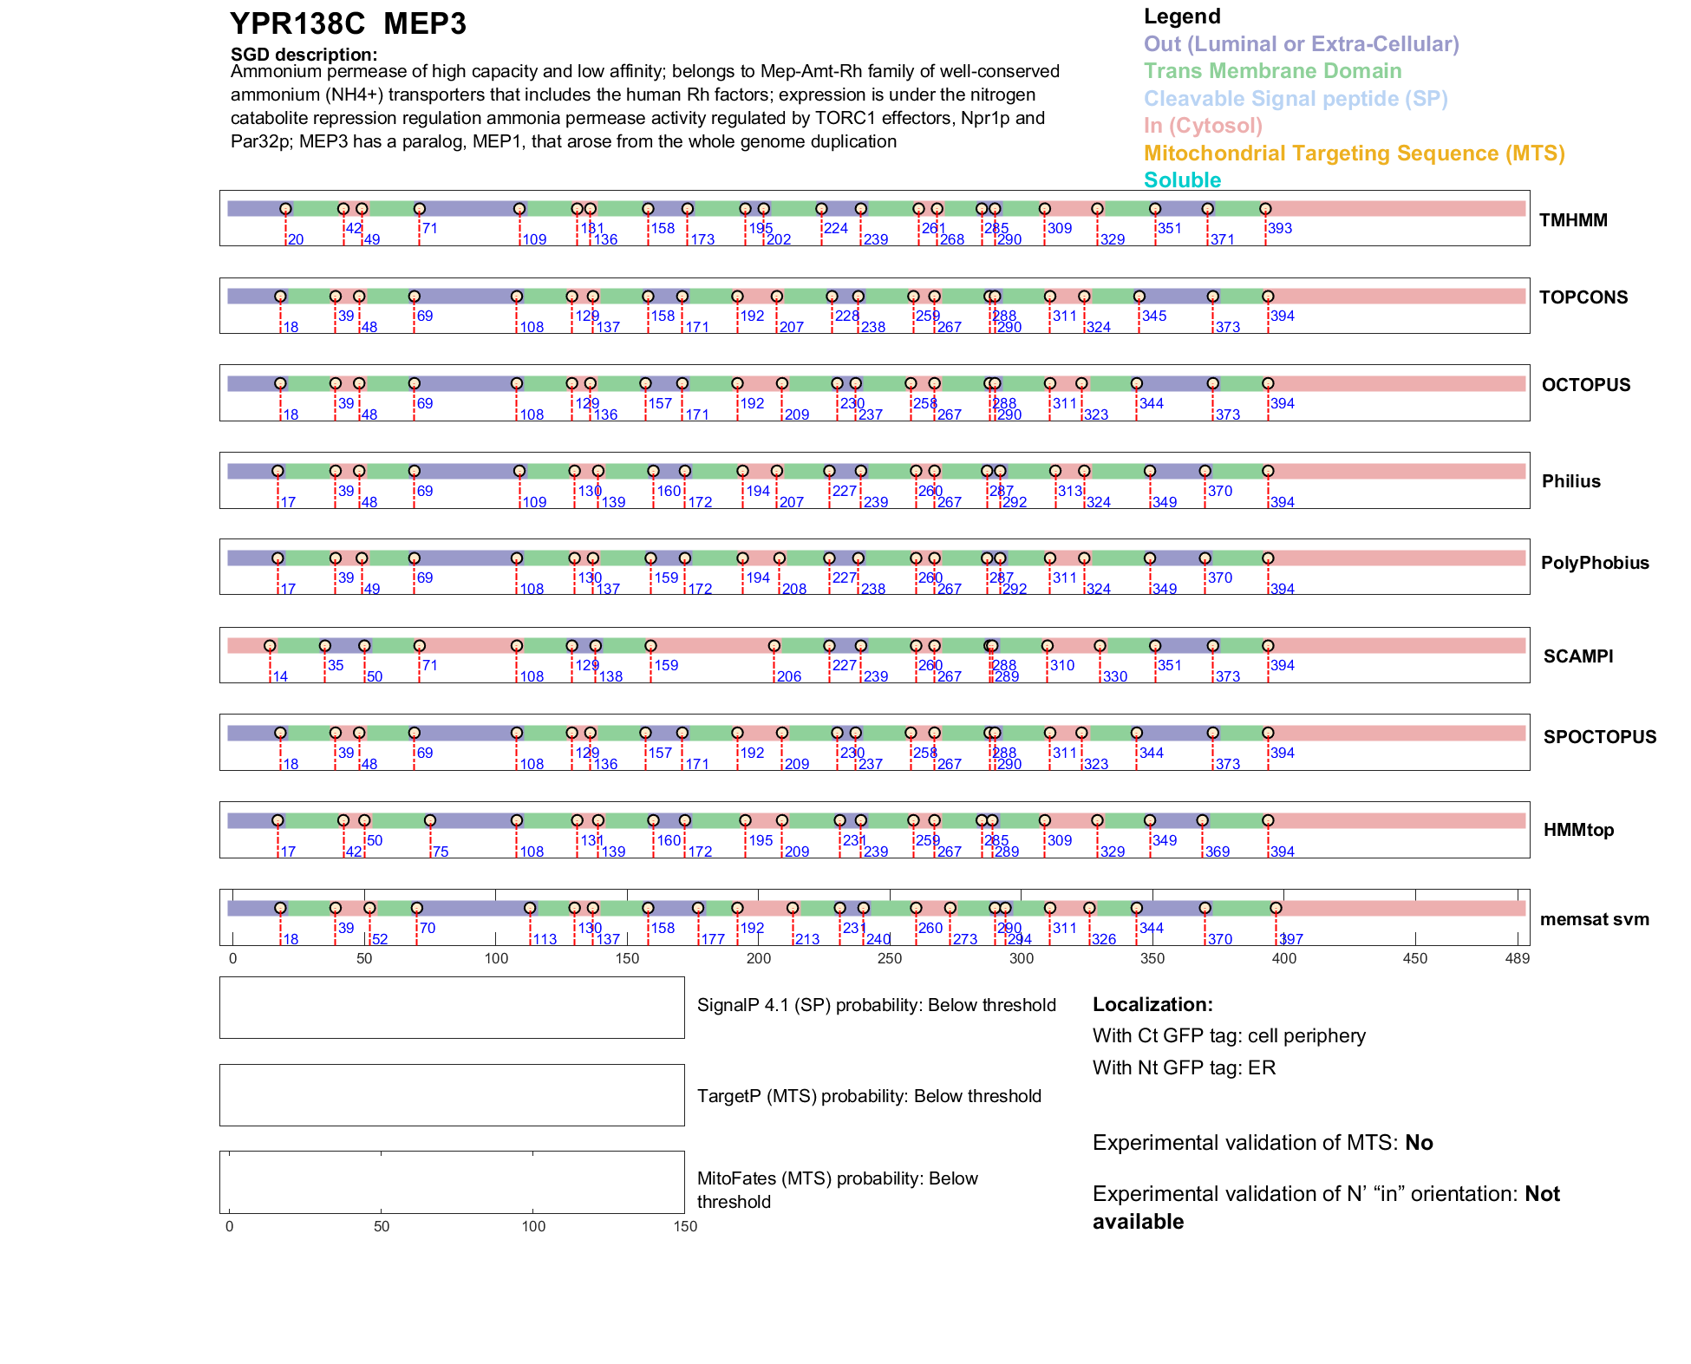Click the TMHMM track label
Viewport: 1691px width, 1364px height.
1572,220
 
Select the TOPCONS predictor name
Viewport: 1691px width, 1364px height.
1583,297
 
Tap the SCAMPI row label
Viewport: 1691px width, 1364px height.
1577,656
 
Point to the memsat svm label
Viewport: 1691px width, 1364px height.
1594,919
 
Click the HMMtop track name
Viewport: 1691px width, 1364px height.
1578,830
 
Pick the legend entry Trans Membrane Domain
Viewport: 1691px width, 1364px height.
1272,71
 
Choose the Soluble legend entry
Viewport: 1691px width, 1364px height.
1182,180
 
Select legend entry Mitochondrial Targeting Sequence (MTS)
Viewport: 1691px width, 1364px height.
1354,153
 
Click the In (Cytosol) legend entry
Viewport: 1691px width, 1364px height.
1203,126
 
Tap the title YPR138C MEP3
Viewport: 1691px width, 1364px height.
348,24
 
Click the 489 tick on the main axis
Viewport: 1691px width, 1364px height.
1517,958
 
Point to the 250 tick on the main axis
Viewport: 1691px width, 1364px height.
890,958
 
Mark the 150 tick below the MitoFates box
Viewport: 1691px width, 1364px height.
685,1226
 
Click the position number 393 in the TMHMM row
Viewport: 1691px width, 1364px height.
1280,229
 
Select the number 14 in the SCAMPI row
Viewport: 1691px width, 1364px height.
280,676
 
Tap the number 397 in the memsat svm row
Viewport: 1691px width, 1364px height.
1291,939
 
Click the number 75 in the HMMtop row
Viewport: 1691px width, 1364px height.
441,852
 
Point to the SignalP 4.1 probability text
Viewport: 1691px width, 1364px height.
876,1005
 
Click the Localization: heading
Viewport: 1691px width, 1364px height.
1152,1005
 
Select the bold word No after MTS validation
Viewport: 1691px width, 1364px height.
1419,1143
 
